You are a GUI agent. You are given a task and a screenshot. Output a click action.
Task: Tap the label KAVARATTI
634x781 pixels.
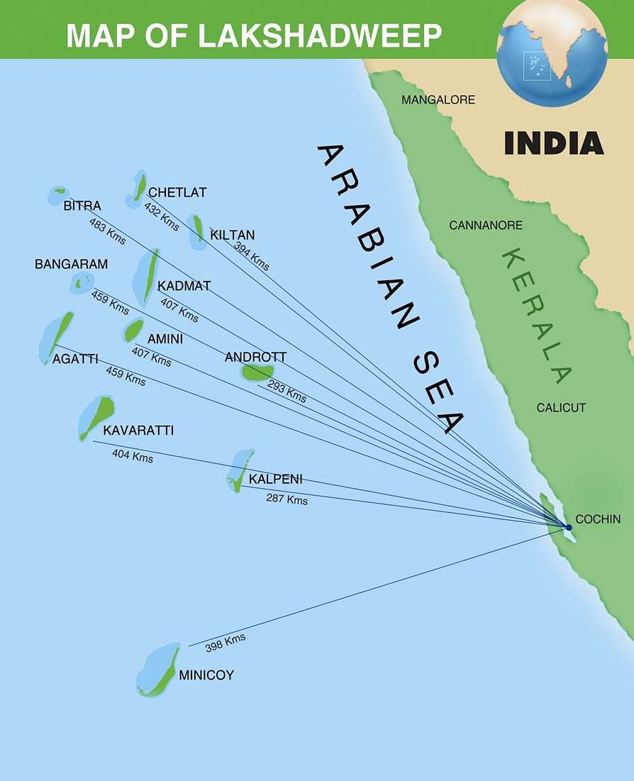click(x=138, y=431)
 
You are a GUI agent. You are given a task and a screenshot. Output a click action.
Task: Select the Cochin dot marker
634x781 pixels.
click(x=569, y=527)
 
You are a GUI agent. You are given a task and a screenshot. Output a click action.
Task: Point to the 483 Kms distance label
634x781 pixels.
click(x=108, y=231)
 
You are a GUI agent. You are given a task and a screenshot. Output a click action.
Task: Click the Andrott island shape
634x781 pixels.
click(x=257, y=372)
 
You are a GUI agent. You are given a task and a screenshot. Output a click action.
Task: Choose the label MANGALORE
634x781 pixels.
click(x=438, y=100)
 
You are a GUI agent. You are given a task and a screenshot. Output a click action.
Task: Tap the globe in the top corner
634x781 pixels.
click(x=551, y=53)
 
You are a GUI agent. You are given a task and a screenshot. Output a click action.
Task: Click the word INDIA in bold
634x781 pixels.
click(x=554, y=143)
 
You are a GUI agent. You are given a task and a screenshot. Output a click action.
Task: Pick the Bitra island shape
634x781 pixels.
click(x=58, y=195)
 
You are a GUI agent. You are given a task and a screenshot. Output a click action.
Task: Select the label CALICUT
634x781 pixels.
click(x=561, y=408)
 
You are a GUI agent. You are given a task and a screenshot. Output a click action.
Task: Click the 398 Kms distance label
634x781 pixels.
click(x=226, y=643)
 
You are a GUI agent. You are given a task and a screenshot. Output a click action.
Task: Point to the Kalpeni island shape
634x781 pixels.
click(x=240, y=470)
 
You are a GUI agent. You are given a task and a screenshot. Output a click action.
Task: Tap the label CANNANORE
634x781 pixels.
click(x=486, y=226)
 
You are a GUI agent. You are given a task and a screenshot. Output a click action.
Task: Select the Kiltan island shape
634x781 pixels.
click(x=198, y=231)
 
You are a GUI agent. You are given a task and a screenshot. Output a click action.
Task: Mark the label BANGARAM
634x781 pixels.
click(x=72, y=265)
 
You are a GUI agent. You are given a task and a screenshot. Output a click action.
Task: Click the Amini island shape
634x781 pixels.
click(x=133, y=331)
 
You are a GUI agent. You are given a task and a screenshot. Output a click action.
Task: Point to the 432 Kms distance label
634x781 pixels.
click(x=162, y=216)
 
